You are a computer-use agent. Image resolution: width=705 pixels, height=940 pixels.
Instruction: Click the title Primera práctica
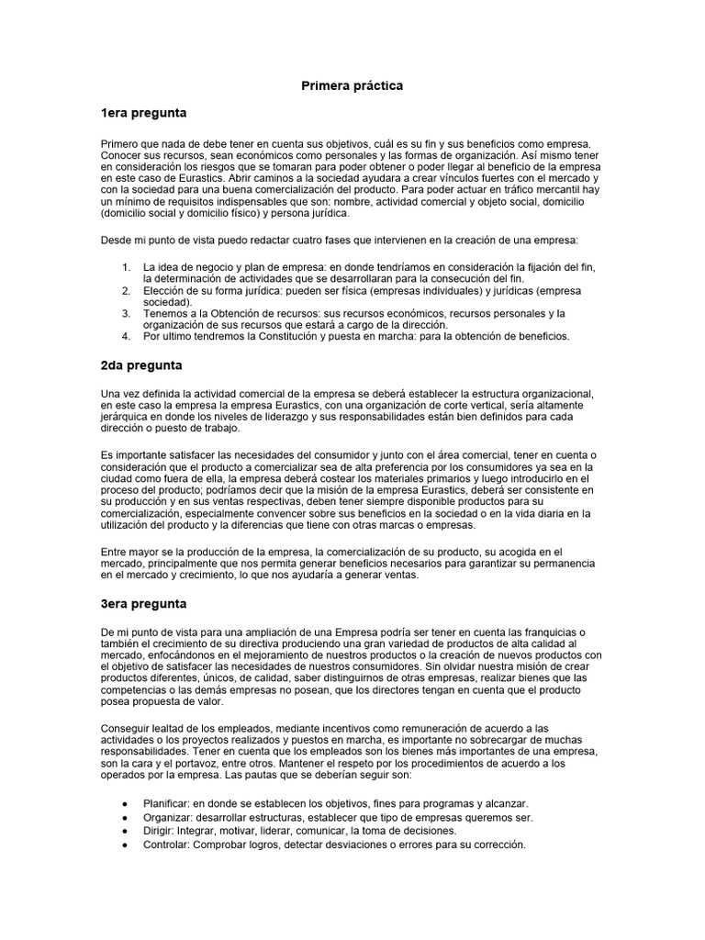352,85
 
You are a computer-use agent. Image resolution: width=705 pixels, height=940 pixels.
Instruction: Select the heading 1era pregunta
143,113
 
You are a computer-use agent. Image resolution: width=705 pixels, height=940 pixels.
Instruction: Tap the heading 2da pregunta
141,365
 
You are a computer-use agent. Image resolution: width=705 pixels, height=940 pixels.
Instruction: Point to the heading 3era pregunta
144,604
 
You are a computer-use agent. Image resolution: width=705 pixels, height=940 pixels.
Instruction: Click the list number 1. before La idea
126,267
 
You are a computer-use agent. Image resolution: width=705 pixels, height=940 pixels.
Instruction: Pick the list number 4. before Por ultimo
126,336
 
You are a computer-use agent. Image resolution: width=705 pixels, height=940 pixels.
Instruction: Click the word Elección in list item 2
164,290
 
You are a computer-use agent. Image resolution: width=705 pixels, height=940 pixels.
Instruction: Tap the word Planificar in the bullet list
168,803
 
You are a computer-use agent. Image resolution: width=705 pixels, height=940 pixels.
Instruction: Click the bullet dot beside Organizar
125,817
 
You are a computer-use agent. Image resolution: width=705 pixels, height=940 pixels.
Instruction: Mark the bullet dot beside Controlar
125,845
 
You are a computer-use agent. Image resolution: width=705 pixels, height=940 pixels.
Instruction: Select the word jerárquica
129,417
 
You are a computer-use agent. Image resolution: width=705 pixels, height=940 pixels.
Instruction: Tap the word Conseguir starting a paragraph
129,727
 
